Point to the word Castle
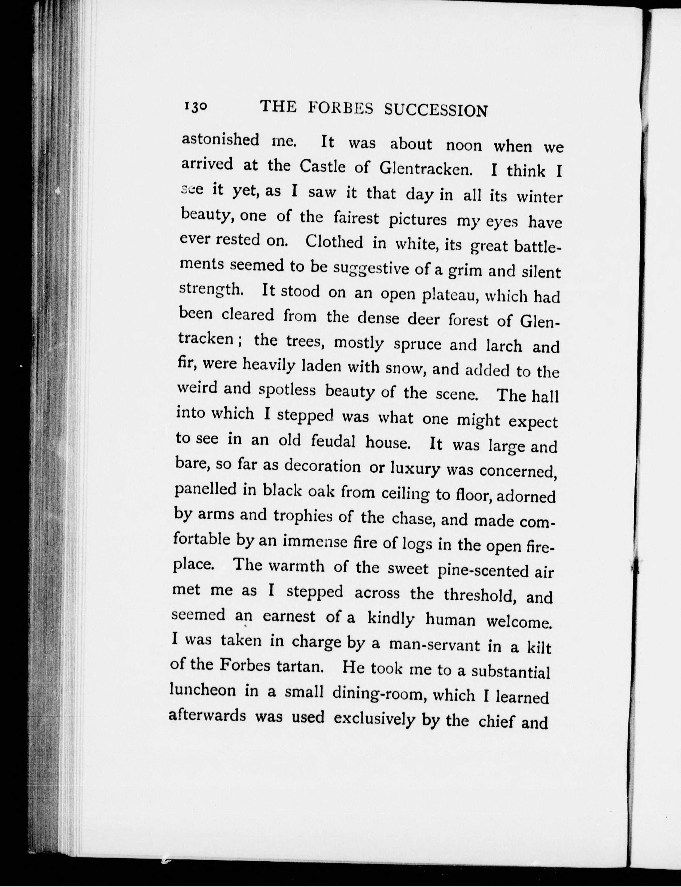tap(323, 166)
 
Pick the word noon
tap(464, 145)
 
